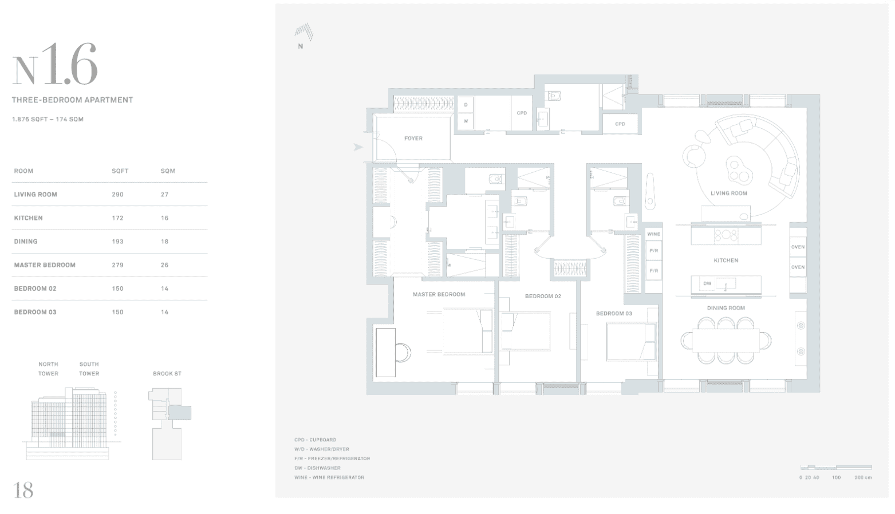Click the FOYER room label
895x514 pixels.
pos(413,139)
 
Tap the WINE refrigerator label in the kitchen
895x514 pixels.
pos(654,234)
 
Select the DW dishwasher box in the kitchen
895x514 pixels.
pos(707,283)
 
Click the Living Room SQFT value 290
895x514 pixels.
pos(117,195)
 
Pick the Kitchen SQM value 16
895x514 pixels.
pos(164,218)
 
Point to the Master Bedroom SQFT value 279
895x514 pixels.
pos(117,265)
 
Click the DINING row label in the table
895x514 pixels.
pos(26,242)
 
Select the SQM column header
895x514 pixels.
pos(168,171)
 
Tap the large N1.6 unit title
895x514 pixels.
pos(55,64)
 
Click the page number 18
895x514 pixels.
pos(23,490)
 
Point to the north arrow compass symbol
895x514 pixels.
pos(303,32)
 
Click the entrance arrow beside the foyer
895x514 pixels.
pos(358,147)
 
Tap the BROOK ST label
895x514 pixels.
pos(167,374)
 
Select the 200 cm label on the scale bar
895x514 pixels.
pos(863,478)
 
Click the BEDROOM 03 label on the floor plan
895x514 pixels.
pos(614,314)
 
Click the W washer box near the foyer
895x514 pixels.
pos(466,121)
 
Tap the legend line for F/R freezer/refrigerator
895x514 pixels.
pos(332,458)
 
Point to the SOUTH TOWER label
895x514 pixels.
pos(89,369)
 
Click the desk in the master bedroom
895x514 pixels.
pos(385,353)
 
